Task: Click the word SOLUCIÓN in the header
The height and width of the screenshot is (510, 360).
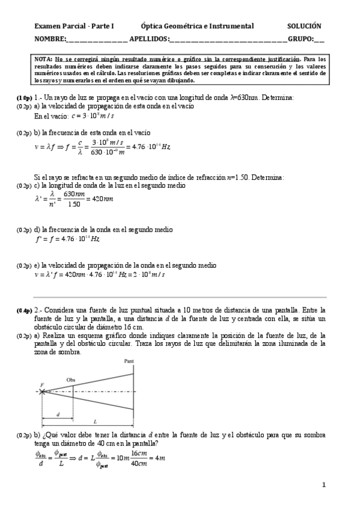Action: click(x=304, y=26)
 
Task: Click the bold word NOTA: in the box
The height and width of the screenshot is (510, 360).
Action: click(x=44, y=60)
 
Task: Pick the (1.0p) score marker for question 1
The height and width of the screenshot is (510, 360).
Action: click(x=25, y=97)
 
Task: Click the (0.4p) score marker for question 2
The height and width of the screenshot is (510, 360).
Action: click(x=25, y=310)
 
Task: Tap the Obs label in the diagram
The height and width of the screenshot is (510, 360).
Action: click(x=70, y=380)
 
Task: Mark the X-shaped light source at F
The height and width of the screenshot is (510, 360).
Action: click(x=41, y=392)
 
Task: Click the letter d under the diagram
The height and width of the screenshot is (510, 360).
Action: click(x=57, y=414)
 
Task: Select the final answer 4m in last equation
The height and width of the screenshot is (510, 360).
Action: click(x=160, y=458)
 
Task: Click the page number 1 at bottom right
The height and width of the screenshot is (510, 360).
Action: click(x=323, y=484)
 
